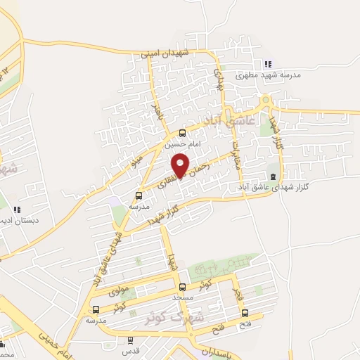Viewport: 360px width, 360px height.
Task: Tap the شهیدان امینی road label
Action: (165, 53)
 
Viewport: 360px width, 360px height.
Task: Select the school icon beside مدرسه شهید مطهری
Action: (268, 64)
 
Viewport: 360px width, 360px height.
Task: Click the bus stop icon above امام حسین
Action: (183, 133)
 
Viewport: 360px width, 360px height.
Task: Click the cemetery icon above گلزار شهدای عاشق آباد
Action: (273, 176)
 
